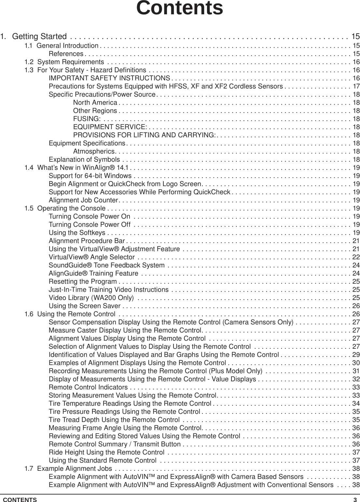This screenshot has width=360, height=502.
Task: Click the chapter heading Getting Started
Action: pyautogui.click(x=39, y=36)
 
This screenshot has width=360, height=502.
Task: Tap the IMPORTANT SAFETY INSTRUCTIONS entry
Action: pyautogui.click(x=109, y=78)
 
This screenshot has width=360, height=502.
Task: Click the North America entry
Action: pyautogui.click(x=95, y=103)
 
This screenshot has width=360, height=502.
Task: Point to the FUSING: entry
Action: pyautogui.click(x=87, y=119)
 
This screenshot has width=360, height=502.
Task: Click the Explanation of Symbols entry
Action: pyautogui.click(x=84, y=159)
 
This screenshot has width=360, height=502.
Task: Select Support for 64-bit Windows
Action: pyautogui.click(x=90, y=176)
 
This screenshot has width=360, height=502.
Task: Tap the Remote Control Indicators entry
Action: pyautogui.click(x=88, y=387)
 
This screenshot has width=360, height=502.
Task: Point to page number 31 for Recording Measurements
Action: pyautogui.click(x=356, y=371)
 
